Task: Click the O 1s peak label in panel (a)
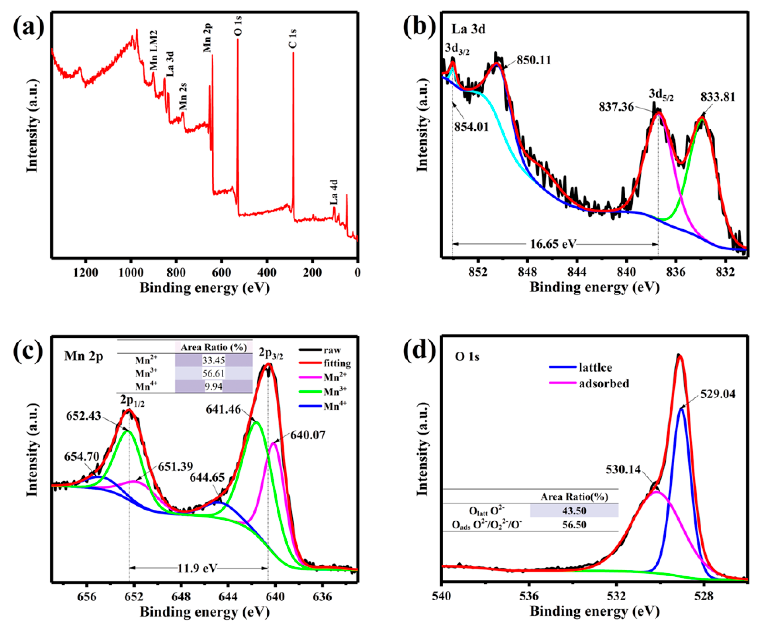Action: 238,26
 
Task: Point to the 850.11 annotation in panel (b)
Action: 534,60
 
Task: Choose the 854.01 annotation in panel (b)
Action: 471,127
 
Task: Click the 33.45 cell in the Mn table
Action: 213,360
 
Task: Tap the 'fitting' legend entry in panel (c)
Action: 337,363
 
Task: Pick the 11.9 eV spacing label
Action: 197,568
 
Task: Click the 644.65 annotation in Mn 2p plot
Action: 207,478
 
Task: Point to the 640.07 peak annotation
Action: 307,435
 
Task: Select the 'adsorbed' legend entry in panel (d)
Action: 604,383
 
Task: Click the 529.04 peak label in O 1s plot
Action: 717,394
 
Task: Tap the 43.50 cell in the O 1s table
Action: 574,511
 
